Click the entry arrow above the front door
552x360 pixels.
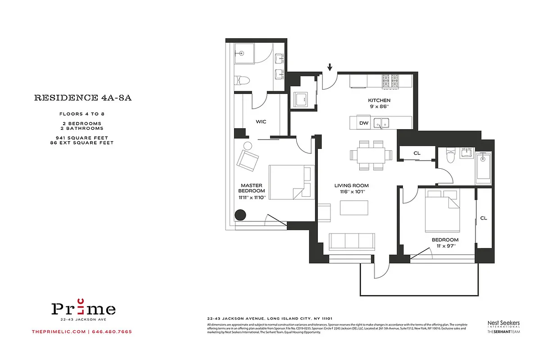click(330, 67)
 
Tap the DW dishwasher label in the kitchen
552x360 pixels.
click(363, 123)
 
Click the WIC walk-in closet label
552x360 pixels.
click(262, 121)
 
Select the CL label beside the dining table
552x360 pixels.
click(417, 153)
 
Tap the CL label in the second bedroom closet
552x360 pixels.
click(484, 218)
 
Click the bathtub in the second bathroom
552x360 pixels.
click(484, 167)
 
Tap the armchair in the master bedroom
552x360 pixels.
click(248, 159)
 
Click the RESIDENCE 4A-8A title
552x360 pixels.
click(82, 98)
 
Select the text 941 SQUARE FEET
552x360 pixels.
click(82, 137)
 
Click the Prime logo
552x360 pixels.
click(83, 309)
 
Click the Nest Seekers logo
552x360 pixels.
click(504, 324)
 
